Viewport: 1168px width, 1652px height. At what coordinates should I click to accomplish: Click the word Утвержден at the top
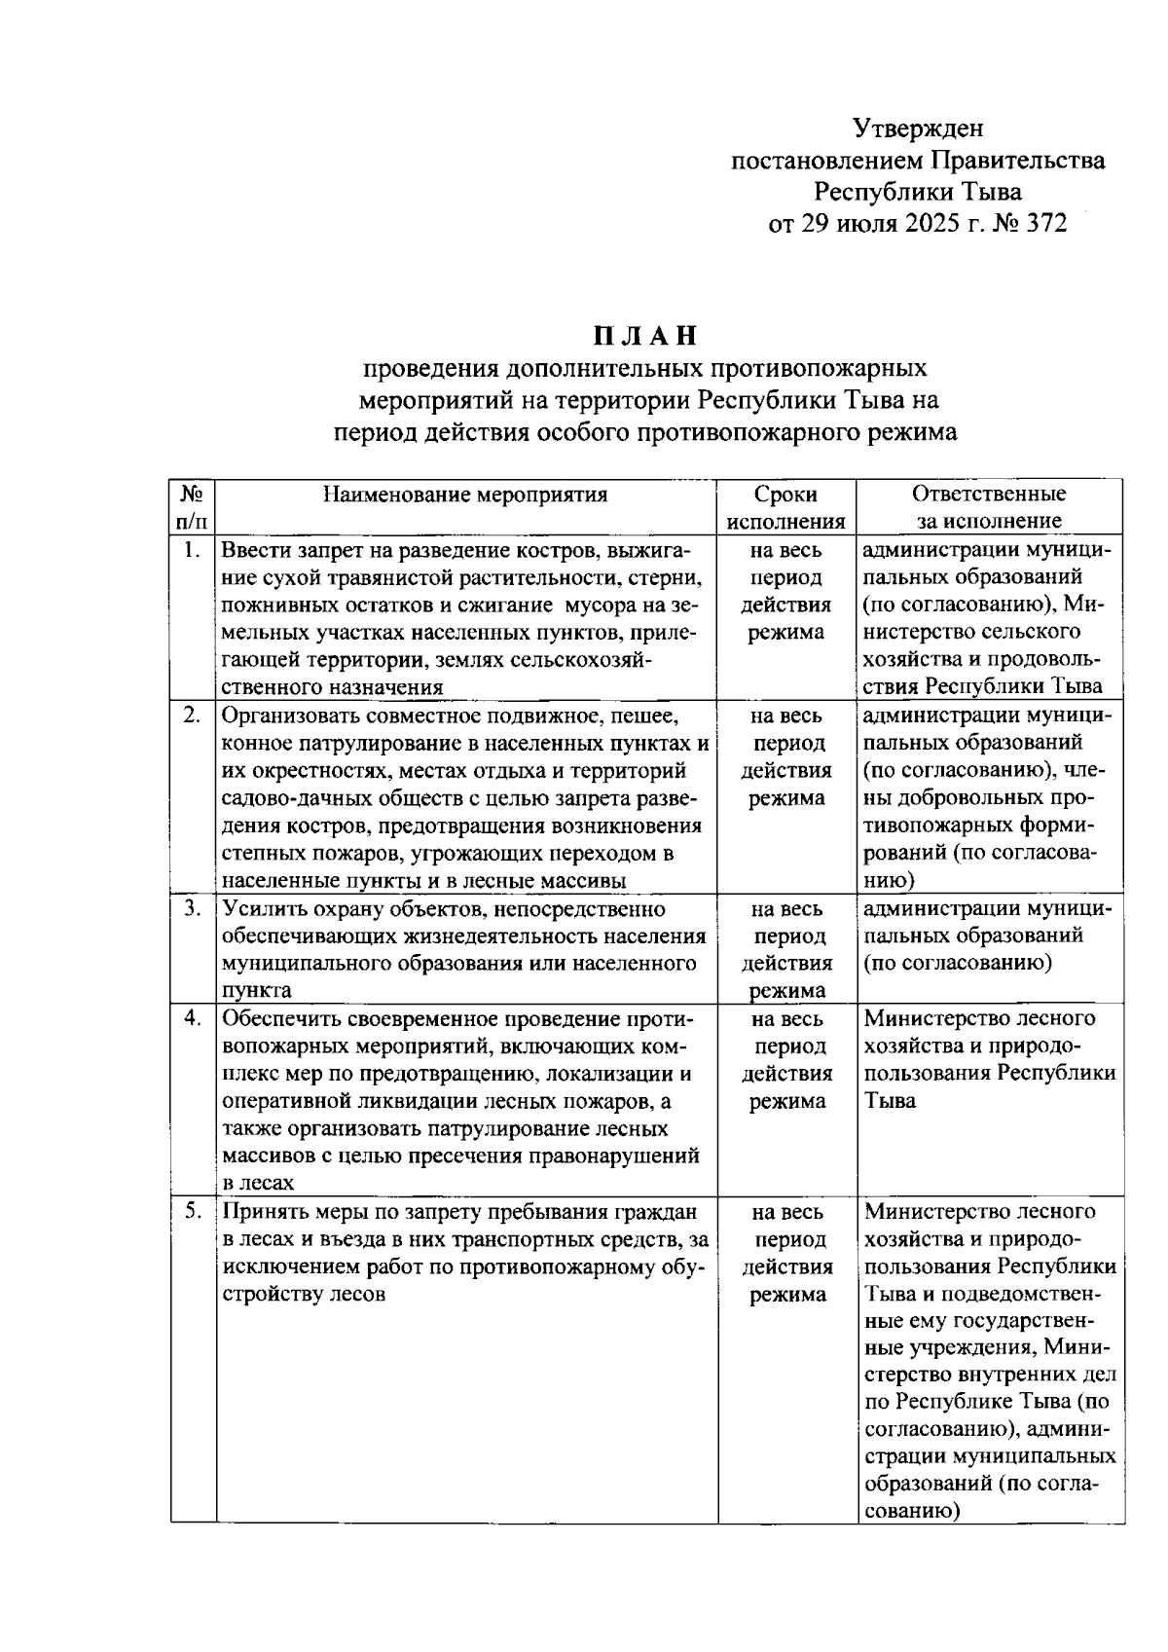tap(918, 128)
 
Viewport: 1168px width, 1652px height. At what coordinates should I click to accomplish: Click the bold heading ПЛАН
tap(646, 336)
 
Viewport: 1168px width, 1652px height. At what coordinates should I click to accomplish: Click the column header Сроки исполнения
tap(785, 507)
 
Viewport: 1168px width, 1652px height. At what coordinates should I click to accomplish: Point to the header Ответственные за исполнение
tap(989, 507)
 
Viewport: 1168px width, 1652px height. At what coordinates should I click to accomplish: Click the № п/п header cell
tap(192, 507)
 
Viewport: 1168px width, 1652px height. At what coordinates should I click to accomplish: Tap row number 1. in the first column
tap(192, 550)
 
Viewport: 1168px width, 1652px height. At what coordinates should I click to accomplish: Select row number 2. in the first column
tap(192, 716)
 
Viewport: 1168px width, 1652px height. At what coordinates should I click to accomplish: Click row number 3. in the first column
tap(192, 908)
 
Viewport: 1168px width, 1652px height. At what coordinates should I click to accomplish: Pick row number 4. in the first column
tap(192, 1018)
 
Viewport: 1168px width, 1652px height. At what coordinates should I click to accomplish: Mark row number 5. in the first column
tap(192, 1211)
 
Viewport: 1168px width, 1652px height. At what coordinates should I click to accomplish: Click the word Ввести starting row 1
tap(251, 551)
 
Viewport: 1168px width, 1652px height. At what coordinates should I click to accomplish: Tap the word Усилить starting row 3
tap(258, 909)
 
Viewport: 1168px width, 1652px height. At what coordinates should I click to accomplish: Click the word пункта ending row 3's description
tap(256, 991)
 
